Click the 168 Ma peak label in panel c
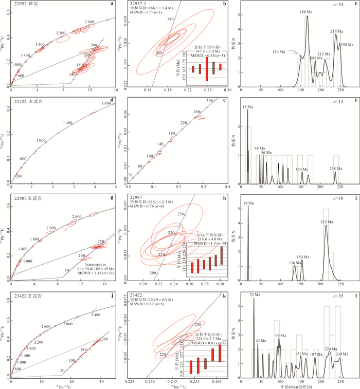pyautogui.click(x=306, y=12)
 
